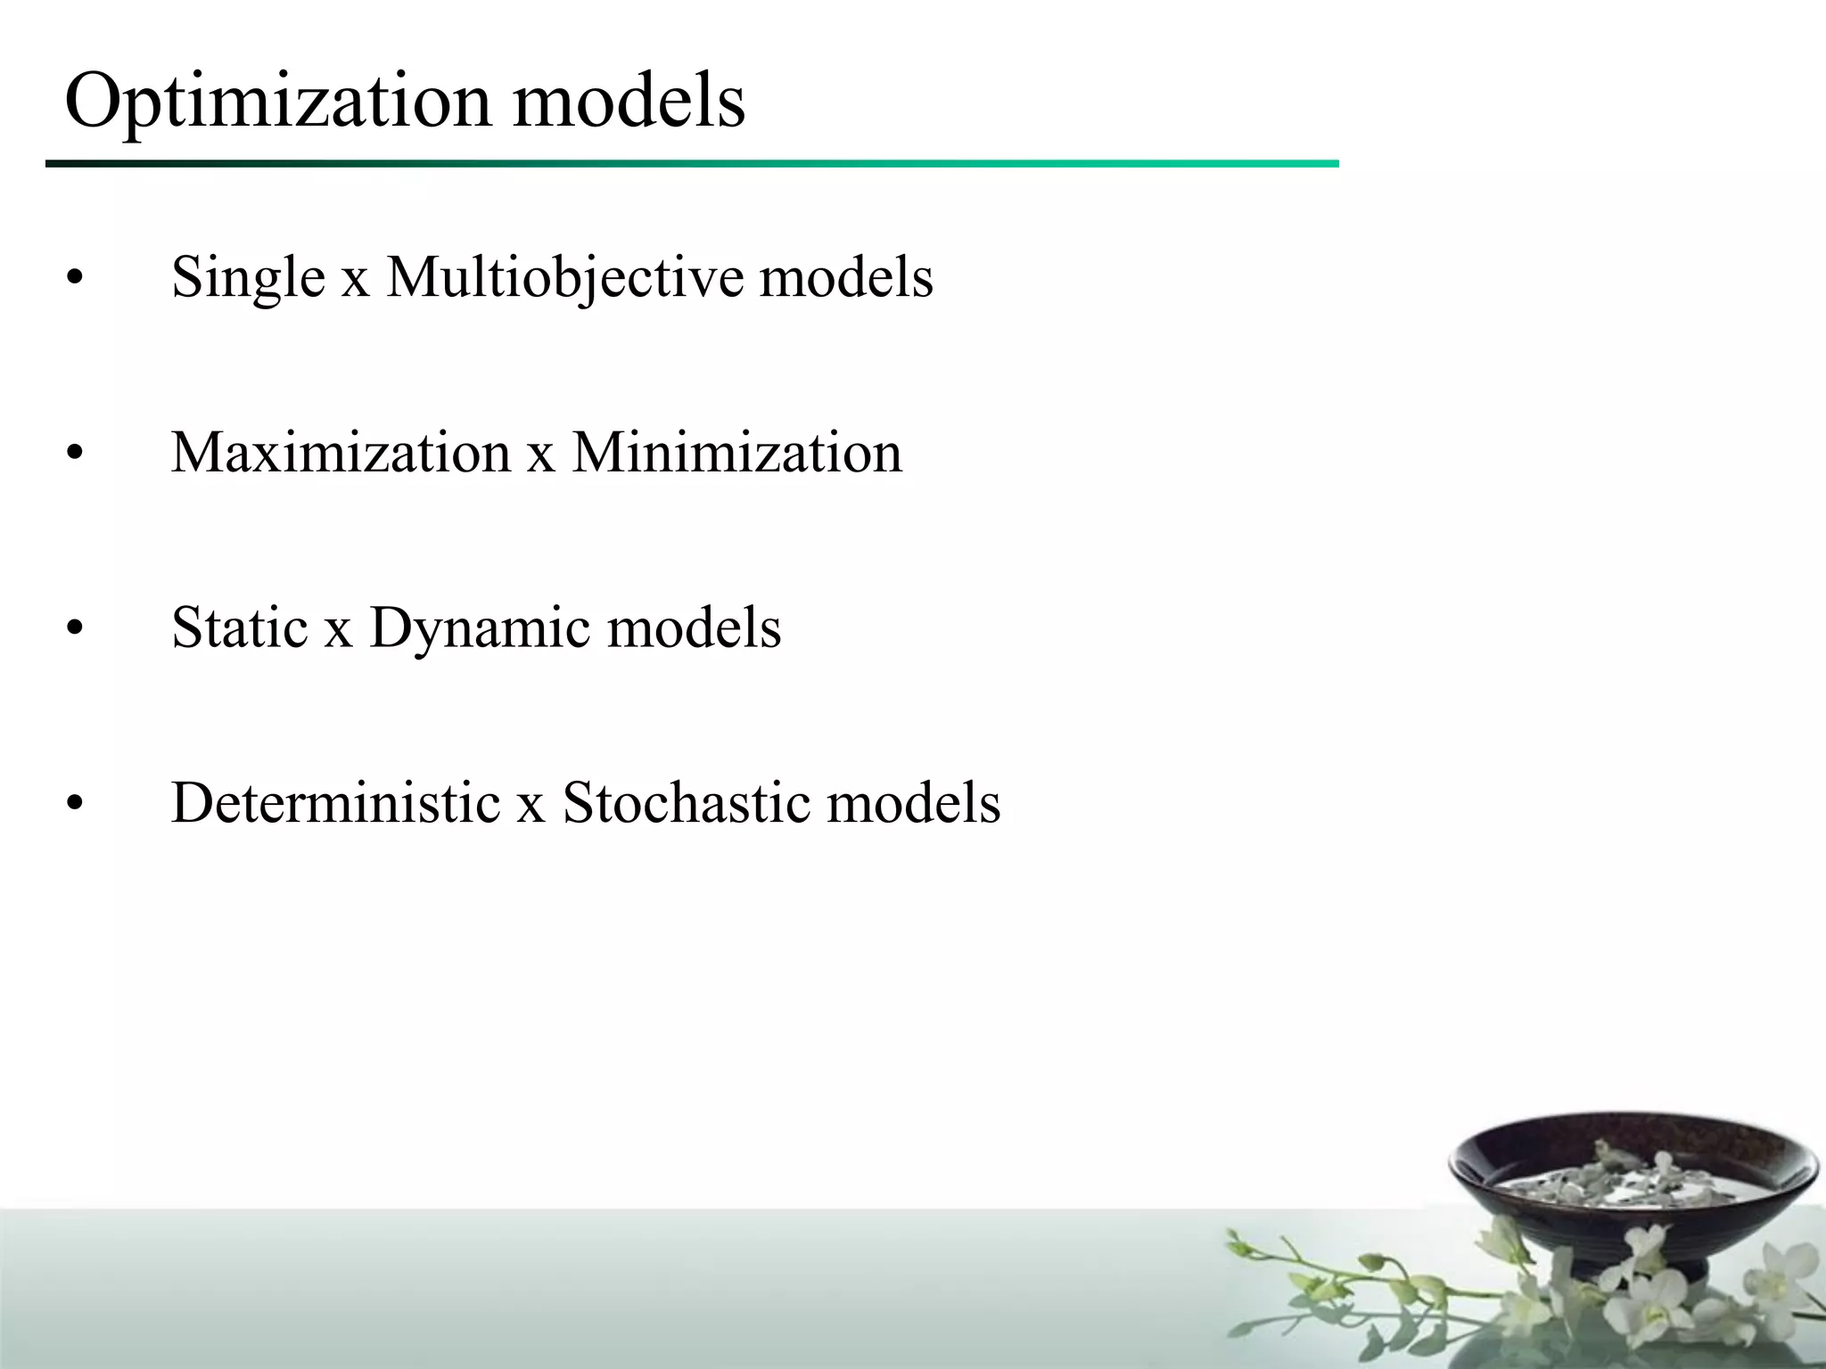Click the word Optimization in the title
click(x=277, y=101)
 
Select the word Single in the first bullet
click(x=248, y=277)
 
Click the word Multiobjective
click(x=564, y=277)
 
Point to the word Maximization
click(x=341, y=452)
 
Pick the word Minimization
click(x=736, y=452)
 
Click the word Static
click(x=239, y=627)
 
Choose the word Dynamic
click(x=480, y=629)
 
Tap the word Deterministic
click(x=335, y=803)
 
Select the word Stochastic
click(x=687, y=803)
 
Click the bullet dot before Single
click(x=75, y=279)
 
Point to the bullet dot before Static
click(x=75, y=629)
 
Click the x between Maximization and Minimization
click(x=540, y=455)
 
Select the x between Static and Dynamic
click(x=338, y=631)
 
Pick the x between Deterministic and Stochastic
click(x=531, y=807)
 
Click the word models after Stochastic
click(x=914, y=803)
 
